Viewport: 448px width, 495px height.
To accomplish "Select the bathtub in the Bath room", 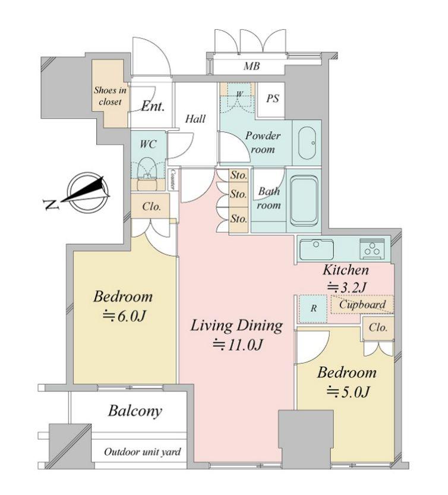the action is (304, 200).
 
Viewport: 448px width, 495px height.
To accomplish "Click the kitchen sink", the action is (317, 249).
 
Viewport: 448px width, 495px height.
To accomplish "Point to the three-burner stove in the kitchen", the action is (373, 249).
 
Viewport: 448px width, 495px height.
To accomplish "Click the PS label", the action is (273, 99).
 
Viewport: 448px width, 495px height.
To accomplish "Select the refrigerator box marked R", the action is (313, 308).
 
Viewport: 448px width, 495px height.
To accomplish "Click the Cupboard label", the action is (362, 305).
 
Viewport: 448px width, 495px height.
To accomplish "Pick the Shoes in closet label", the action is (110, 96).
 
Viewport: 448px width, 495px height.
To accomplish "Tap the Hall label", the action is (195, 119).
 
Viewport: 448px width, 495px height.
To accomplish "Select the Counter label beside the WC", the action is (172, 179).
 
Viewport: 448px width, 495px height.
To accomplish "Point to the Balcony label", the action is (135, 411).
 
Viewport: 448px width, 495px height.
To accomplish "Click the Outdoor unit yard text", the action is (143, 452).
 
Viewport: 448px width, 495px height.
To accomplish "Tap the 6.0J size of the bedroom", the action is (124, 316).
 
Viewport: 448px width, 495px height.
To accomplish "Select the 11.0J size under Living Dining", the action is (238, 345).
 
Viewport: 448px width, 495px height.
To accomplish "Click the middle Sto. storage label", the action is (238, 194).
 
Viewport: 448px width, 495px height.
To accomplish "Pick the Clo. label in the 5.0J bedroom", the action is (378, 327).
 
